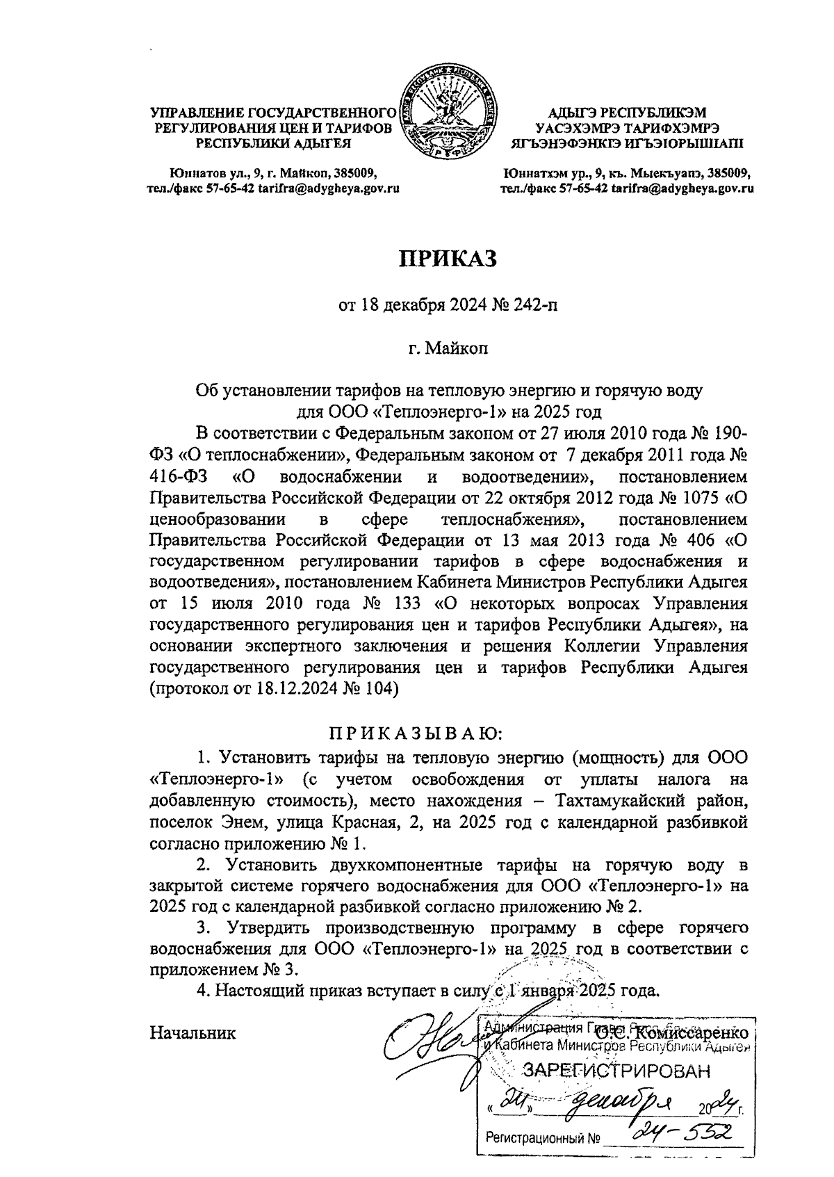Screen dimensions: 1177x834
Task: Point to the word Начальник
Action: [x=193, y=1032]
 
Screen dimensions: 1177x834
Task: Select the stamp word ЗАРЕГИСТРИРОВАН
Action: [x=617, y=1071]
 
